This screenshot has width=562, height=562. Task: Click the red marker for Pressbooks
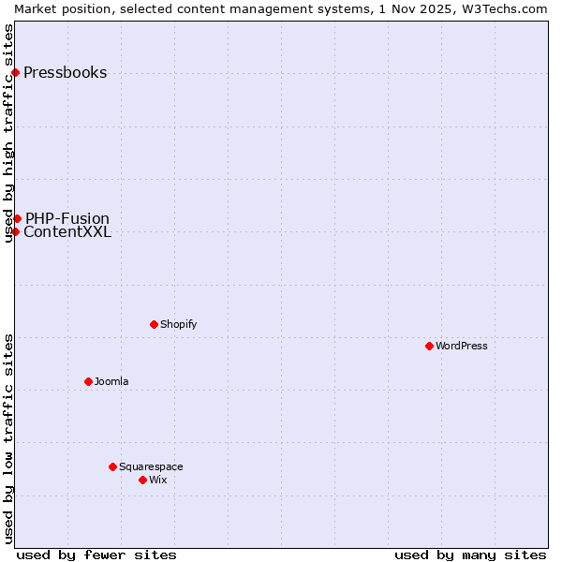pos(15,72)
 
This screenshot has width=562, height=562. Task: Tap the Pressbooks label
pos(65,73)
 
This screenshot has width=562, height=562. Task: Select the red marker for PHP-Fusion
pos(17,218)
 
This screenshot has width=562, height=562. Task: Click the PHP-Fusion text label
pos(67,219)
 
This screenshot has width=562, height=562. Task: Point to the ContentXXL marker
pos(15,231)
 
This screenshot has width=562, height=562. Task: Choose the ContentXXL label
pos(67,232)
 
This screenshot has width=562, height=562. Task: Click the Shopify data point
pos(154,324)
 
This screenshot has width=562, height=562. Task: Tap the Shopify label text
pos(178,325)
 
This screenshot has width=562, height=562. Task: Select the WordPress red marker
pos(429,346)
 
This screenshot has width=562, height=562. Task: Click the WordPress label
pos(461,347)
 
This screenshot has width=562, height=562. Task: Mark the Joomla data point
pos(88,381)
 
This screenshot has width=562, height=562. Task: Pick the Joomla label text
pos(111,382)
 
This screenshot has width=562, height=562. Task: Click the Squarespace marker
pos(112,466)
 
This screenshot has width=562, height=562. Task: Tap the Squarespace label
pos(151,467)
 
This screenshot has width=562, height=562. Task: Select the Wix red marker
pos(142,480)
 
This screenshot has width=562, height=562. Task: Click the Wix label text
pos(157,481)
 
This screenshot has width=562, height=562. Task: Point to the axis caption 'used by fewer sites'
pos(96,555)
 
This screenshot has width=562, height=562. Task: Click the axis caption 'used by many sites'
pos(470,555)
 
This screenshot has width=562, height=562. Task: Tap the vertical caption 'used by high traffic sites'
pos(8,133)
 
